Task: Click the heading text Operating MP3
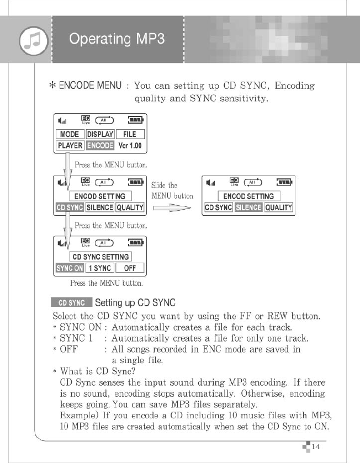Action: (x=117, y=39)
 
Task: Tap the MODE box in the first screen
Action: (x=69, y=134)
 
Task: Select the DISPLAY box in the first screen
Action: (x=100, y=134)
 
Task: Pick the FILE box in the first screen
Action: (x=129, y=134)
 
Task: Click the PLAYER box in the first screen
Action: (x=70, y=146)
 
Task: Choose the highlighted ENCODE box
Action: (x=100, y=146)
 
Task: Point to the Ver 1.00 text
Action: (x=130, y=146)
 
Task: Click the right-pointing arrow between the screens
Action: (x=171, y=208)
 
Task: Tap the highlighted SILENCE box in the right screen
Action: (x=248, y=207)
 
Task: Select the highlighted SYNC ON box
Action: (x=70, y=268)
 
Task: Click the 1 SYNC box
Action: (x=99, y=268)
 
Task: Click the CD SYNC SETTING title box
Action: (x=100, y=257)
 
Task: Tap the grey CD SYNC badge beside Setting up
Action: (x=72, y=303)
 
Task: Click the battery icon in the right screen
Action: (x=284, y=182)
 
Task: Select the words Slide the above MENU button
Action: (x=165, y=185)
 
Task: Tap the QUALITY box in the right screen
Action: (x=278, y=207)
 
